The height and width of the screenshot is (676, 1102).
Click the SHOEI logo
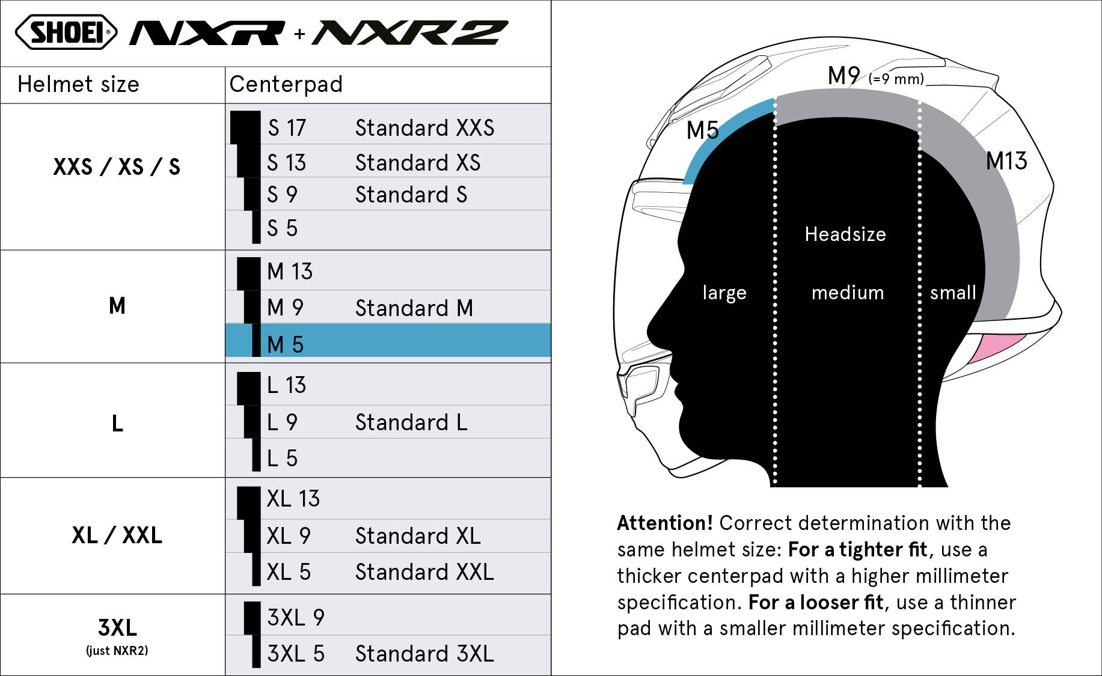point(66,32)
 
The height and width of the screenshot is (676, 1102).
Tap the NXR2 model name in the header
point(410,33)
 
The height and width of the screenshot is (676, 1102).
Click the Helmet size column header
point(78,84)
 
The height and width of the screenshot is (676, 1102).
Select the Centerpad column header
point(286,84)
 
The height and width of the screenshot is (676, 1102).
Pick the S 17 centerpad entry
point(287,128)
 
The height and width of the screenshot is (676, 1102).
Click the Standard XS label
point(418,163)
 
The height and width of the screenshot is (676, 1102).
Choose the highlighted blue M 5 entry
point(388,341)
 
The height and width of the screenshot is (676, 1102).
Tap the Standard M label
point(414,308)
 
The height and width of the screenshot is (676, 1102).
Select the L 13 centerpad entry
point(286,385)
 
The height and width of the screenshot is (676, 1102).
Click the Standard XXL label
point(424,572)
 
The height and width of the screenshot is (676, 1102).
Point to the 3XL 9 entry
point(296,618)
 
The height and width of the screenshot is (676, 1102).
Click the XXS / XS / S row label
point(117,166)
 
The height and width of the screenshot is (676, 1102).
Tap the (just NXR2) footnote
point(117,651)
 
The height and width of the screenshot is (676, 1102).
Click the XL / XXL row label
point(117,535)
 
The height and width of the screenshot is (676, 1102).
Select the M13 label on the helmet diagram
point(1006,161)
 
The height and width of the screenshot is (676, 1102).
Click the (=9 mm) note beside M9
point(896,79)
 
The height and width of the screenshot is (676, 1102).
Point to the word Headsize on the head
point(845,234)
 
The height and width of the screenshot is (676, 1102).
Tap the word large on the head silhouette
point(724,293)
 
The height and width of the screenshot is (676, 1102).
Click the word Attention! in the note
point(665,523)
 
